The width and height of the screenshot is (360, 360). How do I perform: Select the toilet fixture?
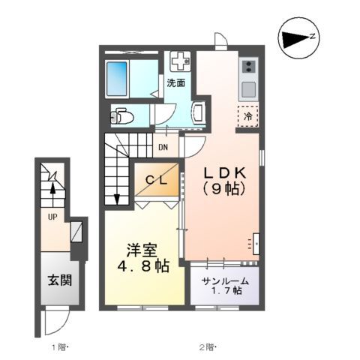pos(122,116)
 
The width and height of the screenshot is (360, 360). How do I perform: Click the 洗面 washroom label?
pos(175,82)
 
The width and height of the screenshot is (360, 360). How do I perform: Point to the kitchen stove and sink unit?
pos(248,78)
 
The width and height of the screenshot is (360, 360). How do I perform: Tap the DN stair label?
pos(163,147)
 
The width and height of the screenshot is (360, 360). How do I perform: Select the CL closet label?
pos(157,180)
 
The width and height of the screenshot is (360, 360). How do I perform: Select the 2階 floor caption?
pos(207,346)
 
